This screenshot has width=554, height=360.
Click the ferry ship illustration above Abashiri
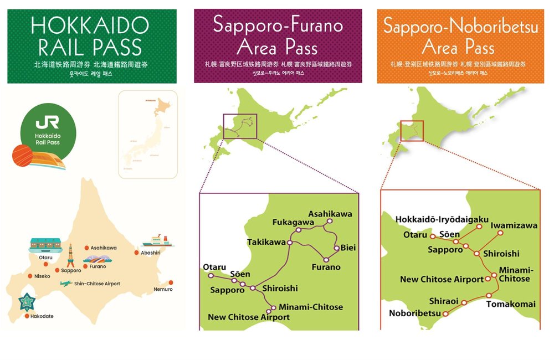click(x=156, y=240)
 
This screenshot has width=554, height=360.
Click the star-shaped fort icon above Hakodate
click(x=26, y=302)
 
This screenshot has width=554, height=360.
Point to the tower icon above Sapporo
click(x=70, y=255)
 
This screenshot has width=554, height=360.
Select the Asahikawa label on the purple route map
click(x=330, y=214)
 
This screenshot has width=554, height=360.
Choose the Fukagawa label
click(x=293, y=223)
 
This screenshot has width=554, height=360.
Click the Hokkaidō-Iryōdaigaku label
click(x=434, y=219)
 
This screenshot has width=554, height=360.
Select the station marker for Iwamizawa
click(x=500, y=233)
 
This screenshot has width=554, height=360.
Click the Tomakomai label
click(x=511, y=304)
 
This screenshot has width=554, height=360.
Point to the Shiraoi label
click(x=443, y=301)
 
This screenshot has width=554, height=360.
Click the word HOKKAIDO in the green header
click(x=90, y=25)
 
